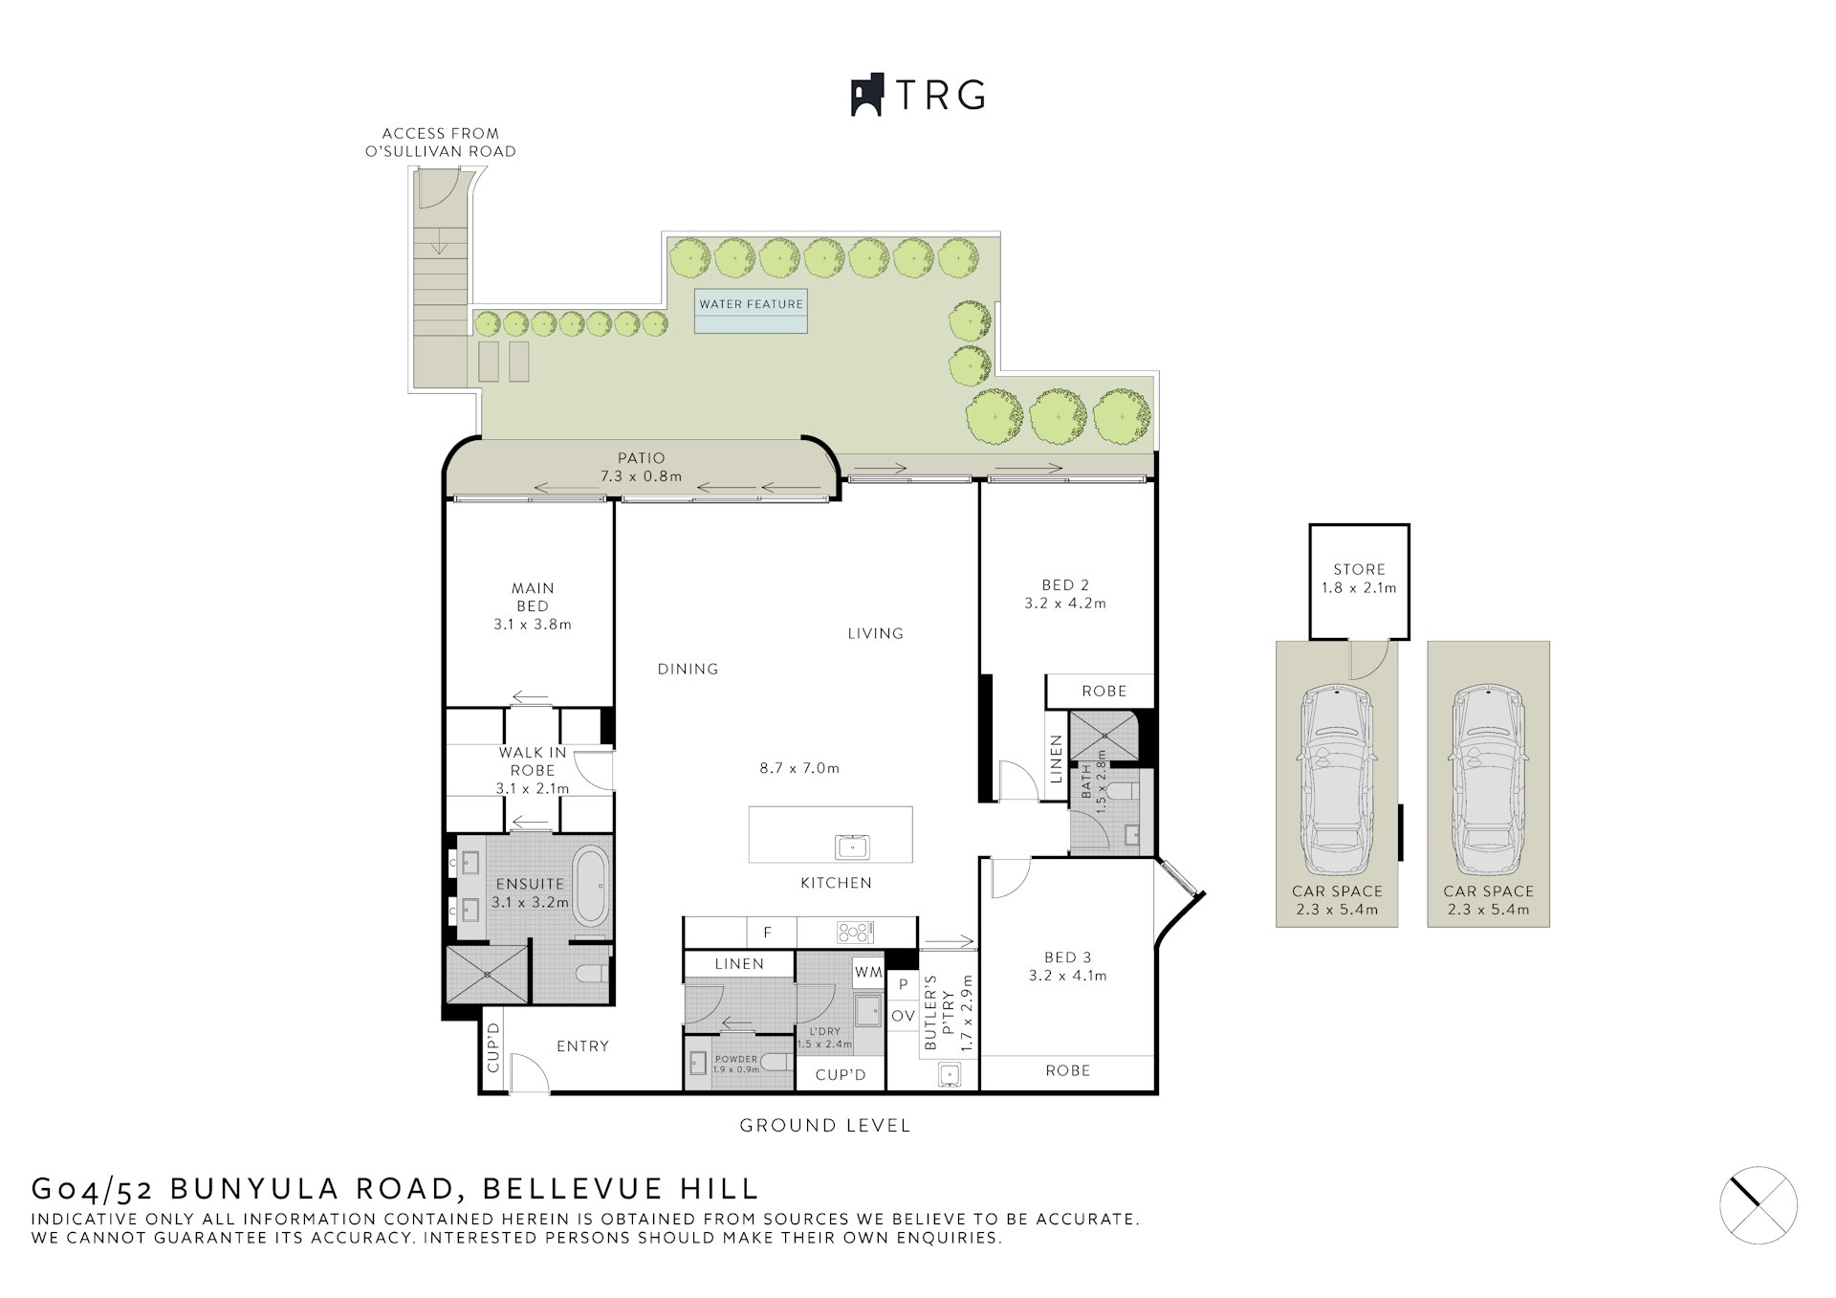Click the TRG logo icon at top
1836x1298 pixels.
coord(866,96)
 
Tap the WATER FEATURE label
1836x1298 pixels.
coord(751,304)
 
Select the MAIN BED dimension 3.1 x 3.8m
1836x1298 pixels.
coord(533,625)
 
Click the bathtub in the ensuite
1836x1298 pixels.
coord(590,886)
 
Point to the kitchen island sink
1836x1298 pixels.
coord(852,847)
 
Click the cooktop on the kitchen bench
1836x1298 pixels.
coord(854,932)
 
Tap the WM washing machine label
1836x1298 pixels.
coord(868,972)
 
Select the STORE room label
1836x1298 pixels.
coord(1359,569)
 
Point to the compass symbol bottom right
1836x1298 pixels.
coord(1758,1205)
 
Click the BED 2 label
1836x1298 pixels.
coord(1065,585)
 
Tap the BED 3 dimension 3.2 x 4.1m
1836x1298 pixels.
coord(1067,976)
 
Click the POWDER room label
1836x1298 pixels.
coord(736,1059)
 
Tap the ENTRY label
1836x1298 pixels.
coord(582,1046)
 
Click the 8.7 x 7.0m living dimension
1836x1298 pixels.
coord(799,768)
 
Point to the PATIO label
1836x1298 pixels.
coord(641,458)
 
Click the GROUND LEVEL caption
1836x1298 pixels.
coord(825,1126)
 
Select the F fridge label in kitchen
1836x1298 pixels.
coord(767,933)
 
